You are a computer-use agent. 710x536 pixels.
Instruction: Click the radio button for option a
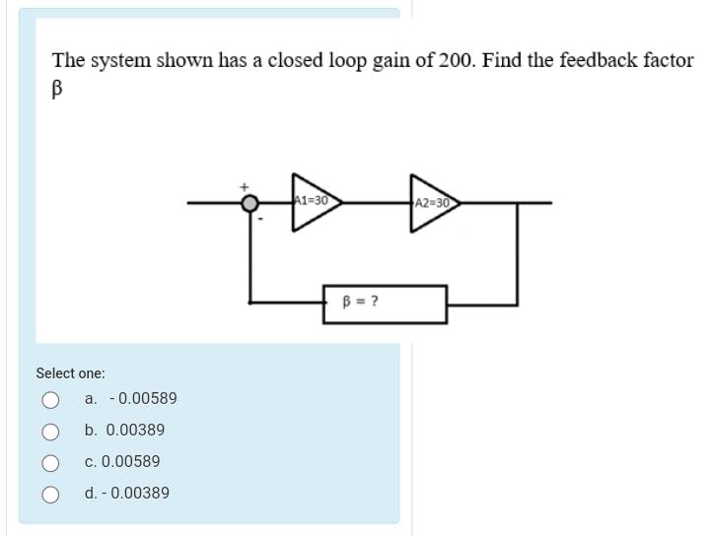click(x=49, y=399)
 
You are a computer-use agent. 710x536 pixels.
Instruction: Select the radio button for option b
click(x=49, y=431)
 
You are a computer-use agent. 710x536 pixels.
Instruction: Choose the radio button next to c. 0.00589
click(x=49, y=462)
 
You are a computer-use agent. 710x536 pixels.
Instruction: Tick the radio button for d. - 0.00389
click(x=49, y=494)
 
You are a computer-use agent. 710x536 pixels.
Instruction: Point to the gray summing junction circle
click(x=251, y=203)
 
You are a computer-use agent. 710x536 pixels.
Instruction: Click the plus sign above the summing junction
click(x=245, y=184)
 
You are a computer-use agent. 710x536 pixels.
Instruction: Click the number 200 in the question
click(x=455, y=60)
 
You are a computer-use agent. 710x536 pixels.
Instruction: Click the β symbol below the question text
click(x=57, y=87)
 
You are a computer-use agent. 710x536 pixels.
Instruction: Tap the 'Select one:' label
click(x=70, y=373)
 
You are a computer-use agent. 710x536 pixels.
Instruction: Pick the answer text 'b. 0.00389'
click(x=124, y=431)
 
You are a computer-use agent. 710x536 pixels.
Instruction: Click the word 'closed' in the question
click(x=295, y=60)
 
